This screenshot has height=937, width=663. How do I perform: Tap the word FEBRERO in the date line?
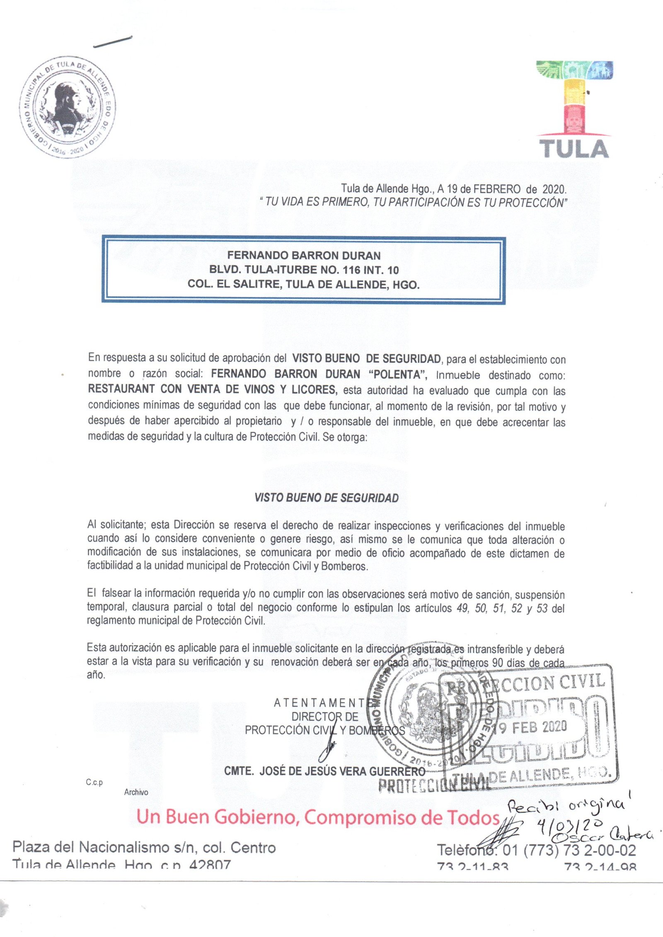(x=497, y=189)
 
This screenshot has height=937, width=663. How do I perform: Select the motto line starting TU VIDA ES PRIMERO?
(x=413, y=203)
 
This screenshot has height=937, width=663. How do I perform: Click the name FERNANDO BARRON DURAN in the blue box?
(x=304, y=256)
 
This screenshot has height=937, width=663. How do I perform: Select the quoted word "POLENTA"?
(x=398, y=374)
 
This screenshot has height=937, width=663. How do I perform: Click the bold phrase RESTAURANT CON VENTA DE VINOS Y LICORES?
(x=212, y=389)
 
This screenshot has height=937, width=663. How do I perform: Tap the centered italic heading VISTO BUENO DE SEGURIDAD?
(x=327, y=498)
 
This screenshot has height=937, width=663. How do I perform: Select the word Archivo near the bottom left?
(x=136, y=792)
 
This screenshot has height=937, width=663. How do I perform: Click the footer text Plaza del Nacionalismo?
(x=144, y=848)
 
